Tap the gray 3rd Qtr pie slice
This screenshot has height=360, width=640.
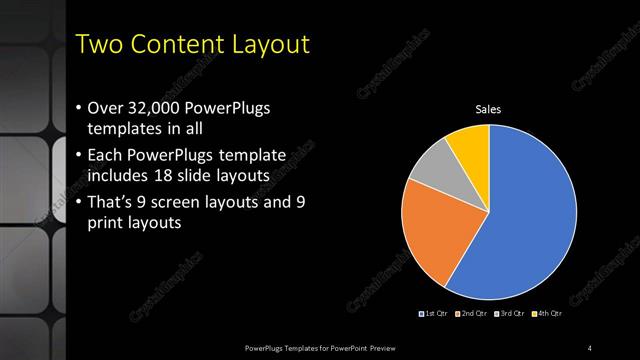click(x=433, y=167)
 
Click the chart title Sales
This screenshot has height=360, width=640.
click(x=488, y=109)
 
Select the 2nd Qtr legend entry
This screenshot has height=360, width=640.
click(x=472, y=315)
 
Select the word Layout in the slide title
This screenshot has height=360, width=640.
click(x=271, y=45)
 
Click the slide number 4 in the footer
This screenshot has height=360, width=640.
click(x=590, y=347)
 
